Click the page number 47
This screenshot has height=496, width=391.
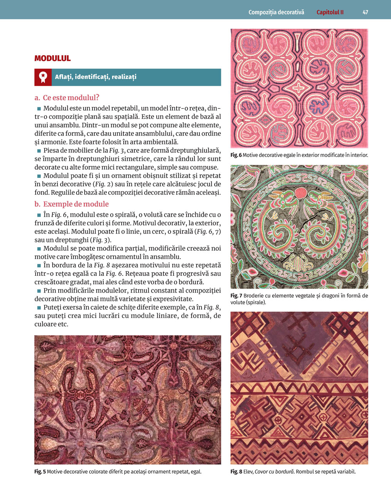(x=365, y=12)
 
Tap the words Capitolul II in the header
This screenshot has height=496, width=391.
(x=330, y=12)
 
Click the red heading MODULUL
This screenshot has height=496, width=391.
(x=52, y=59)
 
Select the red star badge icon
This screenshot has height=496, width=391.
(x=43, y=77)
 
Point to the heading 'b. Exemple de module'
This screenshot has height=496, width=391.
(x=72, y=204)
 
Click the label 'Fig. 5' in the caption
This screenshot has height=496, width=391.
(x=40, y=472)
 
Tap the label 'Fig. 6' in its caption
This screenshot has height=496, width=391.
(x=236, y=155)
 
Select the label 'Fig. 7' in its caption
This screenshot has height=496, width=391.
(x=236, y=296)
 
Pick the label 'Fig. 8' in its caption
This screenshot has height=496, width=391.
(x=236, y=472)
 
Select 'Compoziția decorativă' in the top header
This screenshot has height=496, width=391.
(x=276, y=12)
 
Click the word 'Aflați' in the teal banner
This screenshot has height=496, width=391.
(x=63, y=77)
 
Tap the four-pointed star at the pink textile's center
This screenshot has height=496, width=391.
(x=300, y=88)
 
